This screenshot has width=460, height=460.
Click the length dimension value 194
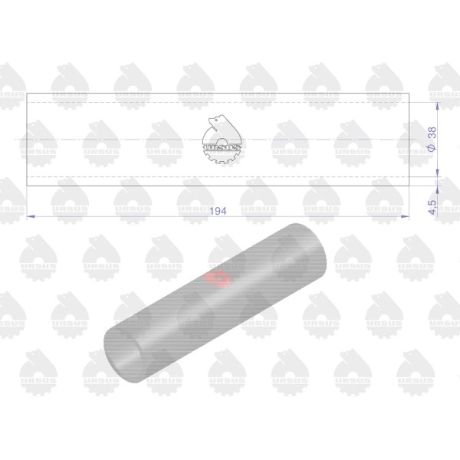tap(218, 211)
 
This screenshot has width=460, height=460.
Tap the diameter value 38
tap(432, 133)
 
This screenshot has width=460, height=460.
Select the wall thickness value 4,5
tap(432, 208)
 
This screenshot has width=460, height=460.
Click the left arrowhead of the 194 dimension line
tap(31, 216)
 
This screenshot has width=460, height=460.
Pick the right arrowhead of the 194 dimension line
tap(405, 216)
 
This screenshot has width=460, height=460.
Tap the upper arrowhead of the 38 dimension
tap(438, 107)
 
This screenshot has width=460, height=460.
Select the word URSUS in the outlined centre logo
tap(222, 147)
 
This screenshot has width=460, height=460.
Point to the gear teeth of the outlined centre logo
tap(222, 157)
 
